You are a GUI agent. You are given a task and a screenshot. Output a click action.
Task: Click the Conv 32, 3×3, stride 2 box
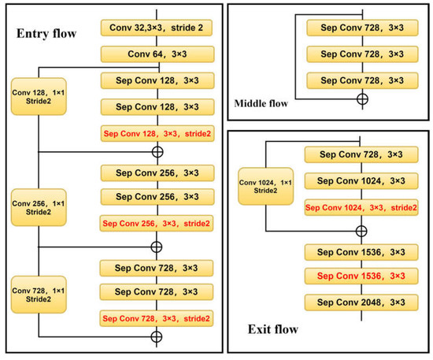pos(157,28)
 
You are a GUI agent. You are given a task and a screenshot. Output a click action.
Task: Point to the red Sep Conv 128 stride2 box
pos(157,133)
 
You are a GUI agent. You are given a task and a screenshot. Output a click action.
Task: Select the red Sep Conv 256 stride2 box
pos(157,224)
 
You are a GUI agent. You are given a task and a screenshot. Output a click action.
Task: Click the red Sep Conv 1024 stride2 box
pos(360,208)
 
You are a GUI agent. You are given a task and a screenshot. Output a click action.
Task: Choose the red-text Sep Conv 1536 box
pos(360,276)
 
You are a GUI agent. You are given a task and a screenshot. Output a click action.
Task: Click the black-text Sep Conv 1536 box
pos(360,252)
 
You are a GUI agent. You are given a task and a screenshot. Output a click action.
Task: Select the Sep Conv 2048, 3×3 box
pos(360,302)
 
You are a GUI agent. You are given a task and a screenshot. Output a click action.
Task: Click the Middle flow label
pos(261,103)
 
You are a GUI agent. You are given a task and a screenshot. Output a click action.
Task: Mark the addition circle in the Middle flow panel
pos(362,99)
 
